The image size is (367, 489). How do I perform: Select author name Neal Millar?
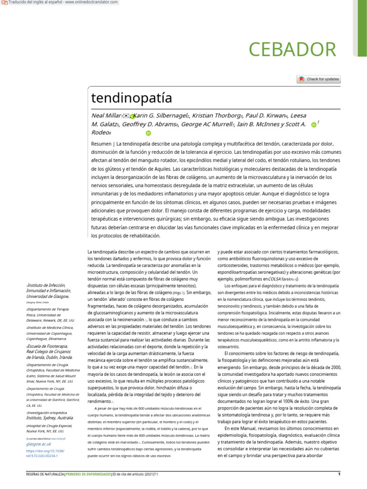tap(106, 116)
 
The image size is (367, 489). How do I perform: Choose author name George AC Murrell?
tap(206, 124)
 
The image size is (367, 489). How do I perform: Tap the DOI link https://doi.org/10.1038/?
tap(44, 451)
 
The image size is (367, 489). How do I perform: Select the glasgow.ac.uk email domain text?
tap(39, 445)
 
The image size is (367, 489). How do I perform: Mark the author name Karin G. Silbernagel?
tap(162, 116)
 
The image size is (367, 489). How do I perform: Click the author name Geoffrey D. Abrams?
tap(149, 124)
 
